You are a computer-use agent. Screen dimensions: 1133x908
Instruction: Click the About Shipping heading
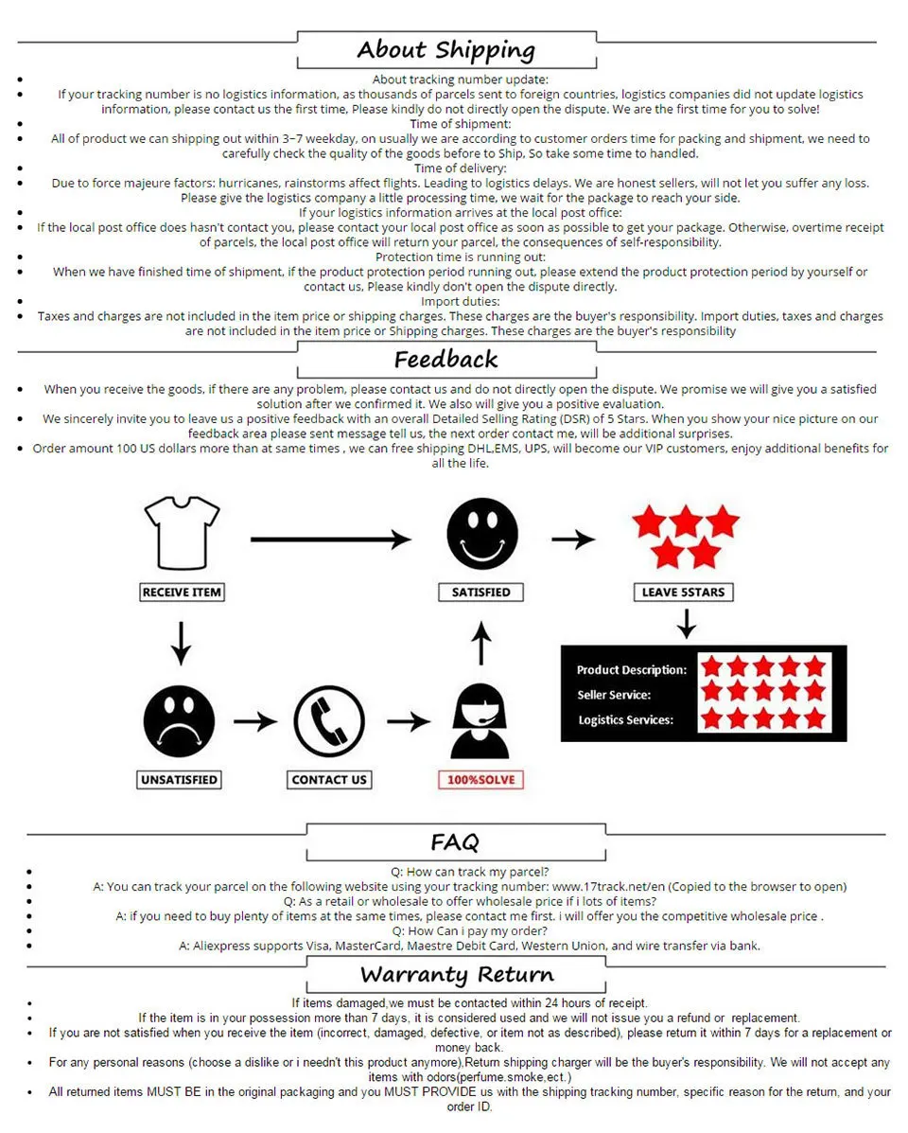tap(445, 50)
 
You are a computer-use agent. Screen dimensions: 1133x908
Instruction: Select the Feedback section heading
tap(445, 360)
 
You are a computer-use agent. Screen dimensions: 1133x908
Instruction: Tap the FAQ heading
tap(454, 841)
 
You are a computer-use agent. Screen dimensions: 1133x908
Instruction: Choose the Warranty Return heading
tap(457, 975)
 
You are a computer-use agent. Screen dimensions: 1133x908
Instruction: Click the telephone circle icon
tap(328, 721)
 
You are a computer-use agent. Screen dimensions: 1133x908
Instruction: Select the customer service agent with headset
tap(481, 723)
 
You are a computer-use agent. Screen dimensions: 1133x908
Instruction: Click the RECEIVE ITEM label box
tap(182, 593)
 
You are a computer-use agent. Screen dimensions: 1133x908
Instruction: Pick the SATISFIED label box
tap(481, 593)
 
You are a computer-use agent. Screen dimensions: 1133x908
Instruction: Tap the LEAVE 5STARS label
tap(683, 593)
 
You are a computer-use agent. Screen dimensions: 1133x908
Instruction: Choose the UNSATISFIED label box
tap(180, 780)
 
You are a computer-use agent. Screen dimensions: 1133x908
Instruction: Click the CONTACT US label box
tap(329, 780)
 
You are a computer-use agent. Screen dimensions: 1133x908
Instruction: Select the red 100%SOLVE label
tap(481, 780)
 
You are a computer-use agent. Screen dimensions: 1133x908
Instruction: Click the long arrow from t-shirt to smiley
tap(330, 540)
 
